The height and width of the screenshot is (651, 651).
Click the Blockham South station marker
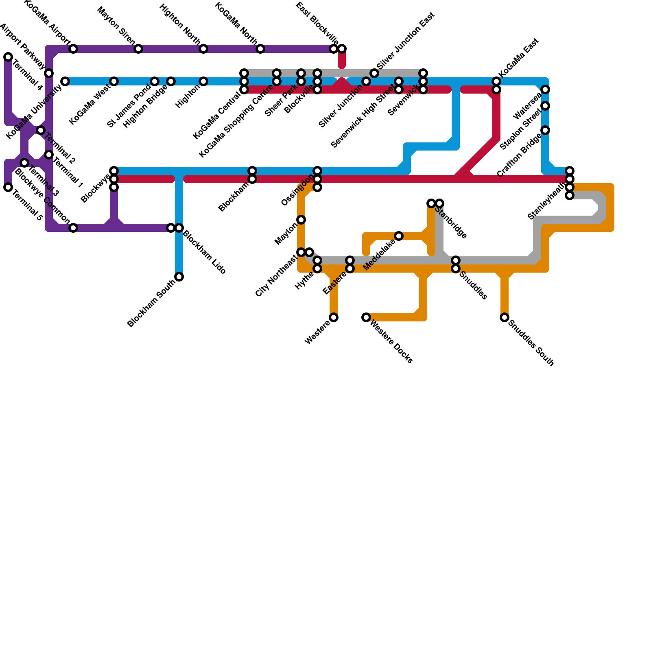click(179, 277)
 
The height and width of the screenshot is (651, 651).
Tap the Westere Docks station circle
click(366, 317)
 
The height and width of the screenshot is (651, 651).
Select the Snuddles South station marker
click(505, 317)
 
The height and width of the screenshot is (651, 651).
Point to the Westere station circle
click(334, 317)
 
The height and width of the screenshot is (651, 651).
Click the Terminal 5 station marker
click(8, 187)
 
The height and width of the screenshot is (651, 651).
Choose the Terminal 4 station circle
click(8, 57)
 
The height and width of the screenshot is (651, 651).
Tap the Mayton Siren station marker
click(138, 49)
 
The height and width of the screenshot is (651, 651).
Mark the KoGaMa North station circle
click(260, 49)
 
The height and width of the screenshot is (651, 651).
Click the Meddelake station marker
click(399, 236)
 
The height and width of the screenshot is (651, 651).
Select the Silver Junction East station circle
click(374, 73)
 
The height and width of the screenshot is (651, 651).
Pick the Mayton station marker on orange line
click(301, 220)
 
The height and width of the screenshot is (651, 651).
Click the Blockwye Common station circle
click(73, 228)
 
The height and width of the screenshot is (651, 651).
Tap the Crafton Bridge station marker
click(545, 130)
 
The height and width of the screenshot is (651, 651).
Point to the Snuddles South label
click(531, 344)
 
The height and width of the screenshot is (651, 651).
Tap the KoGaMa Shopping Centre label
click(236, 122)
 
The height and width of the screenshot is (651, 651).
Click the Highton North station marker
click(203, 49)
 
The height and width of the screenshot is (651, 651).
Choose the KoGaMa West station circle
click(114, 81)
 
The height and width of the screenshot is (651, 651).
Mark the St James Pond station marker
click(155, 81)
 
